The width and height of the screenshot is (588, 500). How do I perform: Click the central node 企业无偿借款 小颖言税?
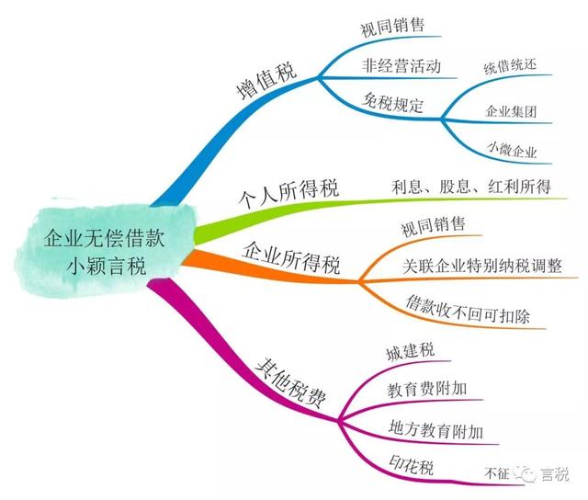point(104,251)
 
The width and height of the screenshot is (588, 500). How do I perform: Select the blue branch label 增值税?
point(267,81)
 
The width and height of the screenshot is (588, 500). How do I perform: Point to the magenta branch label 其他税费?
point(290,383)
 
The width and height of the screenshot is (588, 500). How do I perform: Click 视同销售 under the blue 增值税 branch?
point(392,27)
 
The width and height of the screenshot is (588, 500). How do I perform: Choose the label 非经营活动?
point(401,65)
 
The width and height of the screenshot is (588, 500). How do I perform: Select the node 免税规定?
point(393,103)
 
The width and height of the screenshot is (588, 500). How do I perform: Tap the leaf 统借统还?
point(511,66)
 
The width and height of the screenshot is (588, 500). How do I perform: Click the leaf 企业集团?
point(511,111)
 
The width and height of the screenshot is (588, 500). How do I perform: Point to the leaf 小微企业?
point(513,149)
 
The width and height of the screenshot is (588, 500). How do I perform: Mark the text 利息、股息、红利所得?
point(471,187)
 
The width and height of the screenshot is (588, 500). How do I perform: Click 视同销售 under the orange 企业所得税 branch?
point(433,226)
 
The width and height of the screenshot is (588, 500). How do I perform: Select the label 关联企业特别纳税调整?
point(482,266)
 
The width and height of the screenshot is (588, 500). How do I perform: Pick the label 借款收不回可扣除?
point(468,310)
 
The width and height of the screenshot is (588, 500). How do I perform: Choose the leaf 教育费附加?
point(427,389)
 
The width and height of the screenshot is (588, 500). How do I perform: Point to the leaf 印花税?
point(411,465)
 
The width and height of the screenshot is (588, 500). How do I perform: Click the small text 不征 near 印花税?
point(497,473)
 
